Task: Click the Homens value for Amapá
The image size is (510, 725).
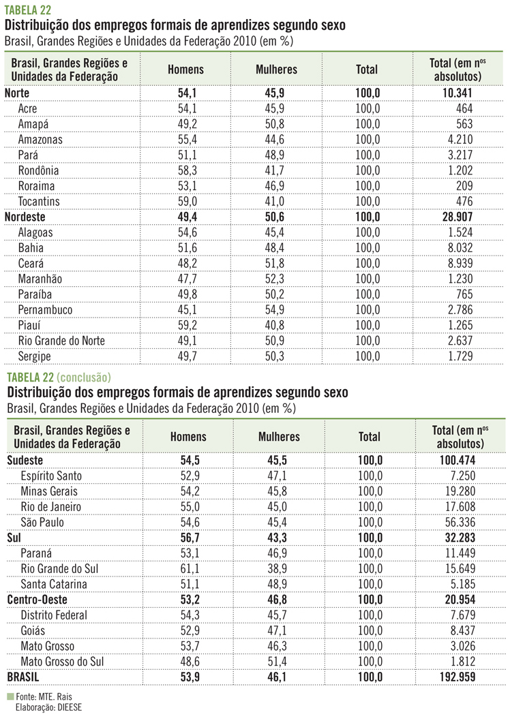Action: (x=186, y=124)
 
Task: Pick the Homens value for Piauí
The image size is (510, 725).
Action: (x=186, y=325)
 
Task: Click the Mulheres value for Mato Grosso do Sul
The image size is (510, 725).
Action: (x=279, y=661)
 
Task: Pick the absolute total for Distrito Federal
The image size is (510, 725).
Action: (x=463, y=615)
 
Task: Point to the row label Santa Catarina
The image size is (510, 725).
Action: (x=54, y=584)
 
